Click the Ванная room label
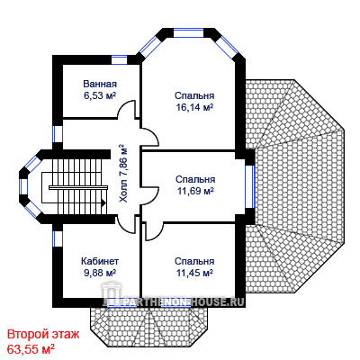point(100,84)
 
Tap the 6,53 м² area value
point(100,95)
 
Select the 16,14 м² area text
point(194,107)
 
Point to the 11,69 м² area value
point(195,191)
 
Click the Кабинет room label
point(100,261)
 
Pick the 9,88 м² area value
point(100,273)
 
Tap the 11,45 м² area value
point(194,273)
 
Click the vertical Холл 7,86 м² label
point(123,174)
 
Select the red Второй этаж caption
point(43,334)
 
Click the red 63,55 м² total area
point(31,349)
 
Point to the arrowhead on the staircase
point(103,203)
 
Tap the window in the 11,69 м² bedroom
point(250,186)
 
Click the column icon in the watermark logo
point(110,294)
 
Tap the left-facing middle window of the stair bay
point(23,186)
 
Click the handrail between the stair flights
point(78,187)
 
